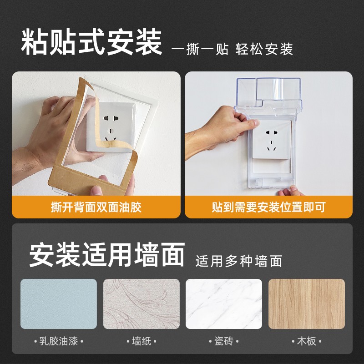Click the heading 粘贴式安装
coord(91,42)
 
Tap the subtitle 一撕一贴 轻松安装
coord(232,49)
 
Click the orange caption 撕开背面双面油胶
coord(96,207)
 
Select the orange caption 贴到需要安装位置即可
coord(268,207)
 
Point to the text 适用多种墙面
coord(239,261)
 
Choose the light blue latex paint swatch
coord(59,303)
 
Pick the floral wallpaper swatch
coord(141,303)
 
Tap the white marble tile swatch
coord(224,303)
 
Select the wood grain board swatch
coord(306,303)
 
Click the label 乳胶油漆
coord(59,341)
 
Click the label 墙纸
coord(141,341)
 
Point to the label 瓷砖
coord(224,341)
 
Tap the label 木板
coord(306,341)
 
